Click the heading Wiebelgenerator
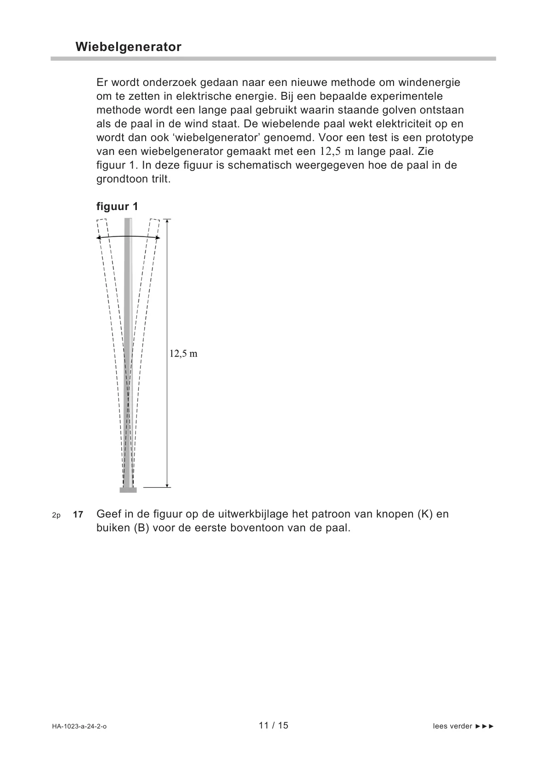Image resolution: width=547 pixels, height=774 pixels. pos(129,47)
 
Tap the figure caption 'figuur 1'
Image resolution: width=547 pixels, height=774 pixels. pos(117,206)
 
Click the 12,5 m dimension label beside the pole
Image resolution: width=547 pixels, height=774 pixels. pos(183,353)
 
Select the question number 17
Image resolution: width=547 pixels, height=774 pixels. pos(78,515)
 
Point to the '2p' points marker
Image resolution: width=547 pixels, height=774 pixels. pos(56,515)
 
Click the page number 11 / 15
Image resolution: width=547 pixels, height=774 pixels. pos(273,726)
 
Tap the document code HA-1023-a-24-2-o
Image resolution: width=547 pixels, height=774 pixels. pos(79,727)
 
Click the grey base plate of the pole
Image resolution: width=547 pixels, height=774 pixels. pos(128,490)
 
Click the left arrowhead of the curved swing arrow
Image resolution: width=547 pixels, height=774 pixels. pos(99,238)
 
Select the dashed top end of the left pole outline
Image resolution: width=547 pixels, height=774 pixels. pos(102,221)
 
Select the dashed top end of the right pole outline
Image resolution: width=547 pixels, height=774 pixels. pos(155,221)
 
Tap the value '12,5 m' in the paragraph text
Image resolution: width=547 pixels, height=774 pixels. pos(337,151)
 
